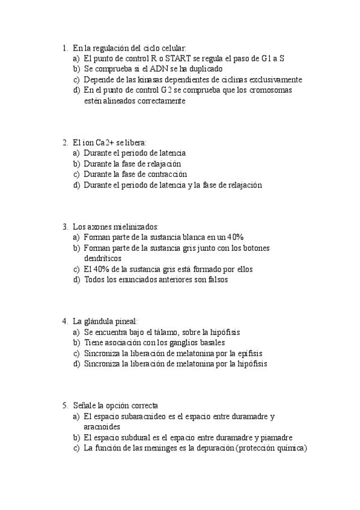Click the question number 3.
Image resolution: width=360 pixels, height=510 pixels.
[64, 227]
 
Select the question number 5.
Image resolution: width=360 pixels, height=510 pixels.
[64, 405]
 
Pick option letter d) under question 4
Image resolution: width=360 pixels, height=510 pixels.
[76, 363]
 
